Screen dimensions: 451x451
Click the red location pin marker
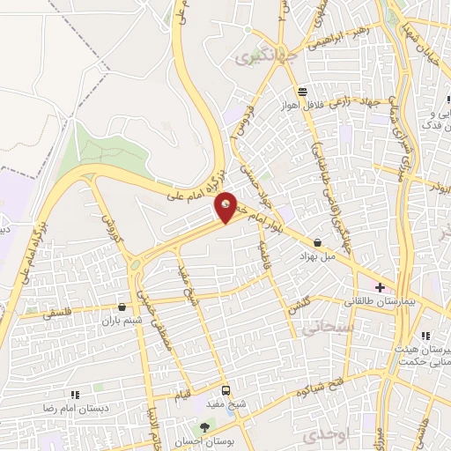pos(226,206)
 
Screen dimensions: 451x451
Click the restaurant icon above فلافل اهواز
pos(303,92)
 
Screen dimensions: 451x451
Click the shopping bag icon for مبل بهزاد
pos(317,242)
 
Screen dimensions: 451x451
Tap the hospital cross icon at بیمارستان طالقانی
pos(380,287)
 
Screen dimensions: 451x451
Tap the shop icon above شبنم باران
pos(121,307)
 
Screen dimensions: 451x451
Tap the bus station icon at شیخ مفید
pos(226,389)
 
